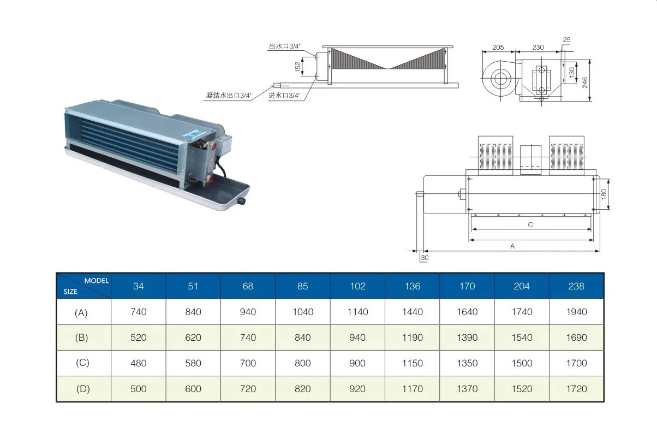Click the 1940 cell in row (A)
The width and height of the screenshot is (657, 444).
pyautogui.click(x=576, y=312)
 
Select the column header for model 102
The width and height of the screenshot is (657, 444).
pyautogui.click(x=357, y=286)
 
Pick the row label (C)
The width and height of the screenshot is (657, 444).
pyautogui.click(x=81, y=363)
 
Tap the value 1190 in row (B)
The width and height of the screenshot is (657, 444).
pyautogui.click(x=412, y=338)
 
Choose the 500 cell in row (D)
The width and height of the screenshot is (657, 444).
pyautogui.click(x=139, y=389)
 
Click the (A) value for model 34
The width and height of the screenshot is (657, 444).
pyautogui.click(x=139, y=312)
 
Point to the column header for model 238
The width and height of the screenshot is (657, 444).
pyautogui.click(x=576, y=286)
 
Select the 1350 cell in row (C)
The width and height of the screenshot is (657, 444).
pyautogui.click(x=467, y=363)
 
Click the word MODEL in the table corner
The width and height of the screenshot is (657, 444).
pyautogui.click(x=97, y=280)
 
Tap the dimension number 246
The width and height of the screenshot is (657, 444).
pyautogui.click(x=584, y=82)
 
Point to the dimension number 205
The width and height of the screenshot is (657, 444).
pyautogui.click(x=498, y=48)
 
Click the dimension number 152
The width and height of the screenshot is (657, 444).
pyautogui.click(x=298, y=67)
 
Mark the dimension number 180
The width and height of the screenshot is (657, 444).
pyautogui.click(x=604, y=193)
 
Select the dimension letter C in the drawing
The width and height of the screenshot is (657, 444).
pyautogui.click(x=530, y=225)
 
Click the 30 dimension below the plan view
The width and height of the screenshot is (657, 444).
pyautogui.click(x=425, y=258)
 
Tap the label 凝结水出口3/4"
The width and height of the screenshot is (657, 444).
pyautogui.click(x=229, y=96)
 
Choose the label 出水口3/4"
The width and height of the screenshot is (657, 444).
pyautogui.click(x=284, y=47)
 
